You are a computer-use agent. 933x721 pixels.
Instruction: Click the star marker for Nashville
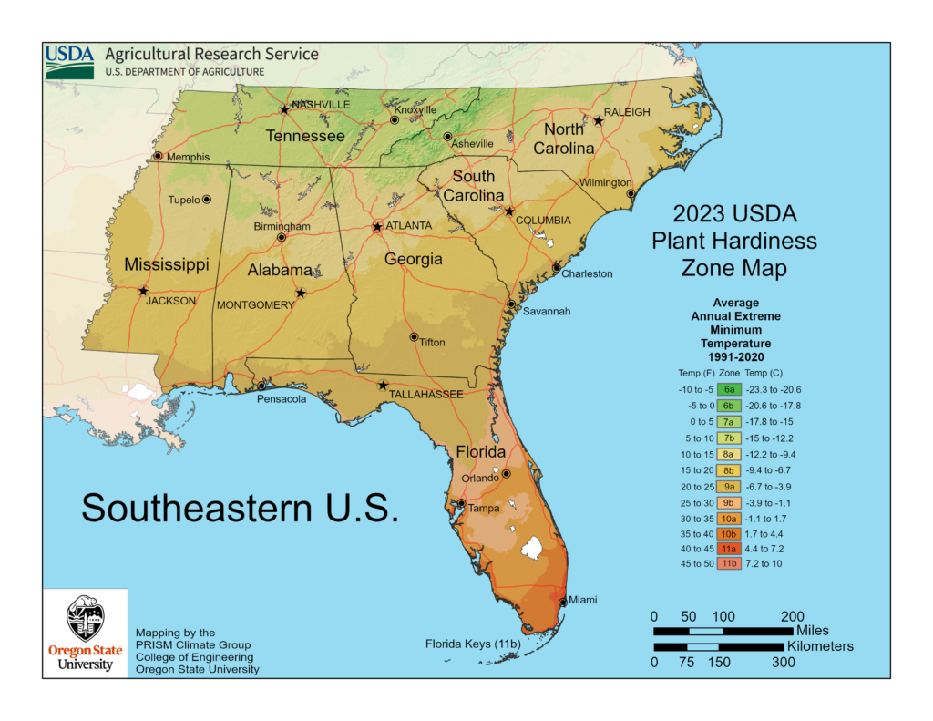pos(285,109)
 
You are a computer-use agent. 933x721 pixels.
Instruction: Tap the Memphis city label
pos(188,157)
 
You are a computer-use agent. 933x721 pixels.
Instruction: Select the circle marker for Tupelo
pos(207,199)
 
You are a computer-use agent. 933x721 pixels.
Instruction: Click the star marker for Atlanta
pos(377,226)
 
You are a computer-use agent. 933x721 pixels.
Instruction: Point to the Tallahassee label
pos(426,394)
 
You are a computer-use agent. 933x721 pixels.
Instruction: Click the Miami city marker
pos(563,602)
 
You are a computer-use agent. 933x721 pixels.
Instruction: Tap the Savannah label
pos(547,311)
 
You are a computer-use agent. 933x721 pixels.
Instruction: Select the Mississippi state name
pos(167,264)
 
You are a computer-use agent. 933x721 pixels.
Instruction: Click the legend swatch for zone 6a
pos(729,389)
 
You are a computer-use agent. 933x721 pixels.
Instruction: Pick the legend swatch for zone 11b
pos(729,563)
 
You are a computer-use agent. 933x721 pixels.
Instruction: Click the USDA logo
pos(69,60)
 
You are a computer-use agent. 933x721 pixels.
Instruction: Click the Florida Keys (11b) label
pos(473,644)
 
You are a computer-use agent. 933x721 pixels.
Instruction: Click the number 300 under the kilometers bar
pos(783,663)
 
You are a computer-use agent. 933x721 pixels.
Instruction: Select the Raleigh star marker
pos(599,120)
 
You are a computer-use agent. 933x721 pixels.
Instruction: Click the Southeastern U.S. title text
pos(240,508)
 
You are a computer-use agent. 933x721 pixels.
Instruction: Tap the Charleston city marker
pos(557,267)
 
